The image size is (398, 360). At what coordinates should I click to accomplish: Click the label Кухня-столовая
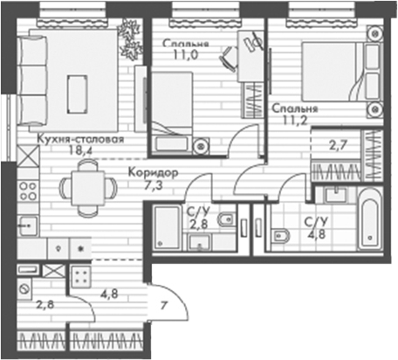(x=81, y=138)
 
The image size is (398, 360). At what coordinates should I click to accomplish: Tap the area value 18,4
(x=80, y=150)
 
